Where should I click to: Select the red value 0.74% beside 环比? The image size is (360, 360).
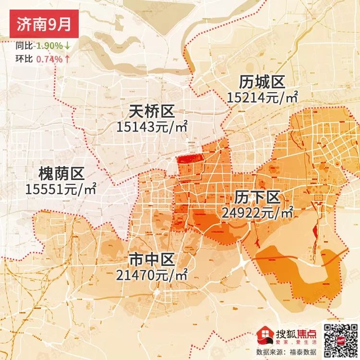point(49,60)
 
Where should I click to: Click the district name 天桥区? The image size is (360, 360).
point(151,112)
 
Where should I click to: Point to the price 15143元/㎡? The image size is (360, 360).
point(151,127)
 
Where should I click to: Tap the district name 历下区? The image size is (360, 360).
point(257,197)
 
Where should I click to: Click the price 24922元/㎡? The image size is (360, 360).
point(258,212)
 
